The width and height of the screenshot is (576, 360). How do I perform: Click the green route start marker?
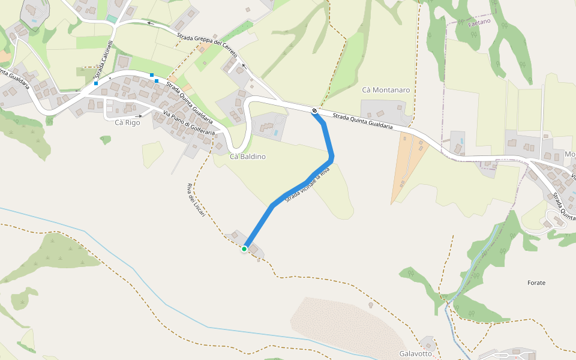[x=245, y=248]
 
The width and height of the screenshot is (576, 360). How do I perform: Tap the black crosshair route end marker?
[x=314, y=111]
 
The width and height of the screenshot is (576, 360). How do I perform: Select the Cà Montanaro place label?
[x=386, y=90]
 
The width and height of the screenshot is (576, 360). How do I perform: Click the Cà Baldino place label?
[x=247, y=157]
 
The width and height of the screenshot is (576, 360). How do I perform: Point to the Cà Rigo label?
[x=127, y=122]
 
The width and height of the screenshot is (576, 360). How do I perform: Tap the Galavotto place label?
[x=416, y=354]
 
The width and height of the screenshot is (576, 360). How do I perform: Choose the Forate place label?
[x=536, y=283]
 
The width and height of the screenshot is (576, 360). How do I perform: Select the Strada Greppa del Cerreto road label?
[x=207, y=41]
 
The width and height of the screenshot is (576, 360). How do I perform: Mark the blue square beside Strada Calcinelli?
[x=96, y=83]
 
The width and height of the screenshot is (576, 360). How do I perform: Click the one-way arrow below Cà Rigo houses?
[x=139, y=116]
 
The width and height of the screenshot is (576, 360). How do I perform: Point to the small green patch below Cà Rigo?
[x=106, y=140]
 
